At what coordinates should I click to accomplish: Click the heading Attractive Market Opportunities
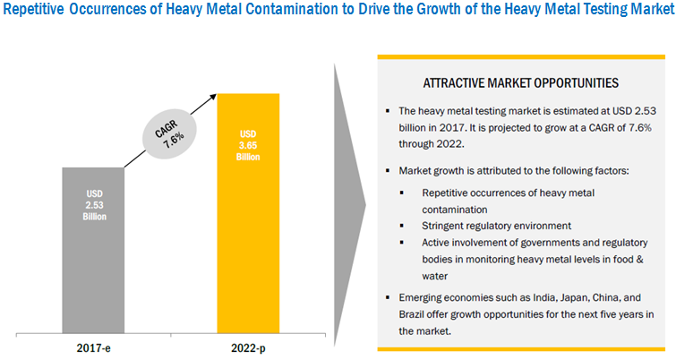coord(522,82)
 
